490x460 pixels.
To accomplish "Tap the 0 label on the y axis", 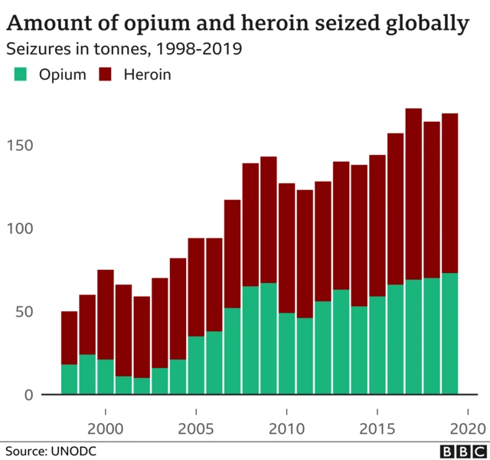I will click(x=28, y=395).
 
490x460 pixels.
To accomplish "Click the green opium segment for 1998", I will click(x=69, y=379).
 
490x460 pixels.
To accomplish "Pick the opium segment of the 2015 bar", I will click(x=377, y=346).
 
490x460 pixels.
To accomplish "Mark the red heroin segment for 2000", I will click(x=105, y=314).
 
